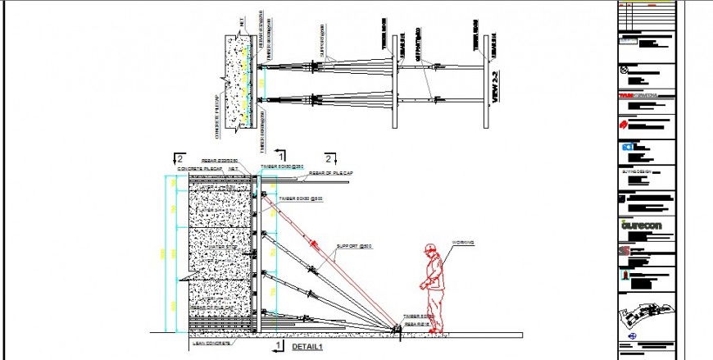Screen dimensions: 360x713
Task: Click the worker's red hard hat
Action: tap(430, 248)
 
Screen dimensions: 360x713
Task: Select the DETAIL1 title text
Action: tap(308, 347)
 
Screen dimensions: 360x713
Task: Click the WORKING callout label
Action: tap(464, 242)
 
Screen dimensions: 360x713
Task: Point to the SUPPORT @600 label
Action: tap(354, 246)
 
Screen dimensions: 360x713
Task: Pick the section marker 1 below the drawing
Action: tap(280, 346)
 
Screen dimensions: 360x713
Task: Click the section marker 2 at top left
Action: tap(178, 156)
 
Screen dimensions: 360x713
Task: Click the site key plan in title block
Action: tap(645, 315)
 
